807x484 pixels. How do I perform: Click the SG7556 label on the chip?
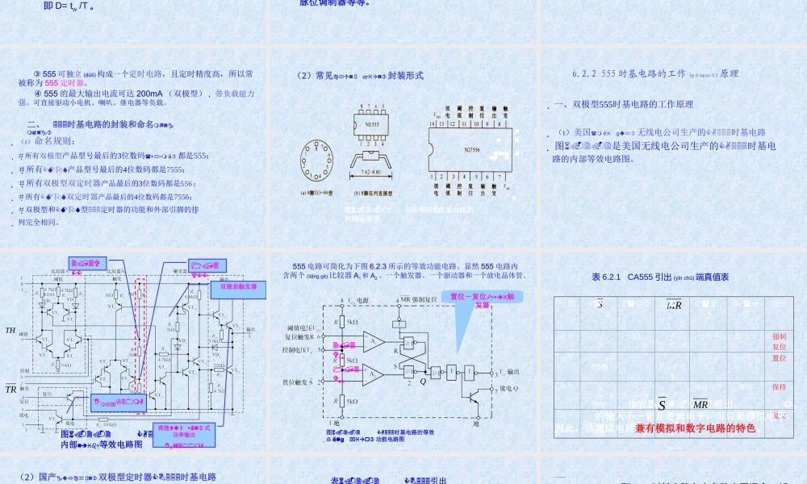471,149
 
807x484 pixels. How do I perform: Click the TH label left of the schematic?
10,330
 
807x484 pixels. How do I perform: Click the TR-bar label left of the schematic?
11,389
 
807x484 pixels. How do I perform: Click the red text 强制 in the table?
779,336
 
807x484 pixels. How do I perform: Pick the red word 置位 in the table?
779,357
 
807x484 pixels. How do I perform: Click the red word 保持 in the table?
779,386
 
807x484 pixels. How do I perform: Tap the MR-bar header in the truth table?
674,304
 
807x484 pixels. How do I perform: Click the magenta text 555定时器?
64,82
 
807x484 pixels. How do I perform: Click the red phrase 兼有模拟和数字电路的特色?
695,428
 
